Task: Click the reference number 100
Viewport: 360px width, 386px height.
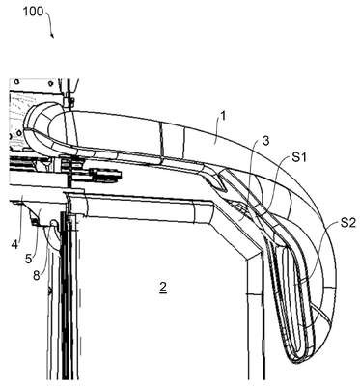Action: click(x=33, y=12)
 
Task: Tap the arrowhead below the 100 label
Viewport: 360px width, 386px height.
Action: click(x=52, y=35)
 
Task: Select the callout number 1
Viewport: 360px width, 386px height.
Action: click(x=223, y=116)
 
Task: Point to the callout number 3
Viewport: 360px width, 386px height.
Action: click(x=265, y=141)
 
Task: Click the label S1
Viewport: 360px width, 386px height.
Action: click(x=299, y=157)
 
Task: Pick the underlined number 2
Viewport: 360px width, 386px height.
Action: click(x=163, y=287)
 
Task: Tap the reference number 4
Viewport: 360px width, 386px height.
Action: click(x=14, y=244)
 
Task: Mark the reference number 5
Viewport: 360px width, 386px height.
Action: click(x=29, y=259)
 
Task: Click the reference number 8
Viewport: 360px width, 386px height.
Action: click(x=37, y=275)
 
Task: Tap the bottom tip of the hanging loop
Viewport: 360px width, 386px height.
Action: click(x=297, y=362)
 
